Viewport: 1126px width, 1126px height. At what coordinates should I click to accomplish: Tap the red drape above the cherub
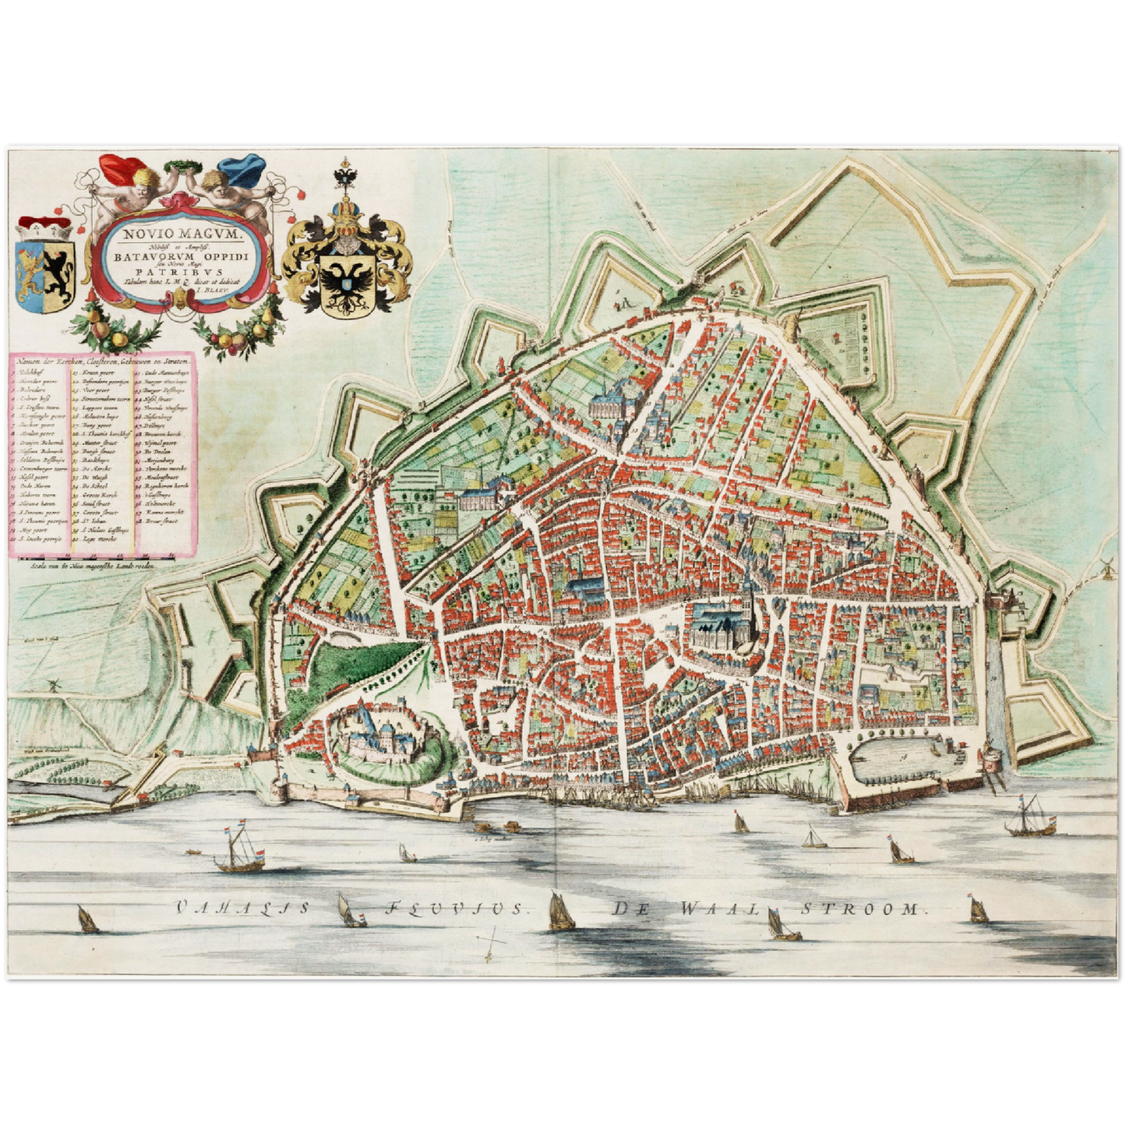[124, 169]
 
